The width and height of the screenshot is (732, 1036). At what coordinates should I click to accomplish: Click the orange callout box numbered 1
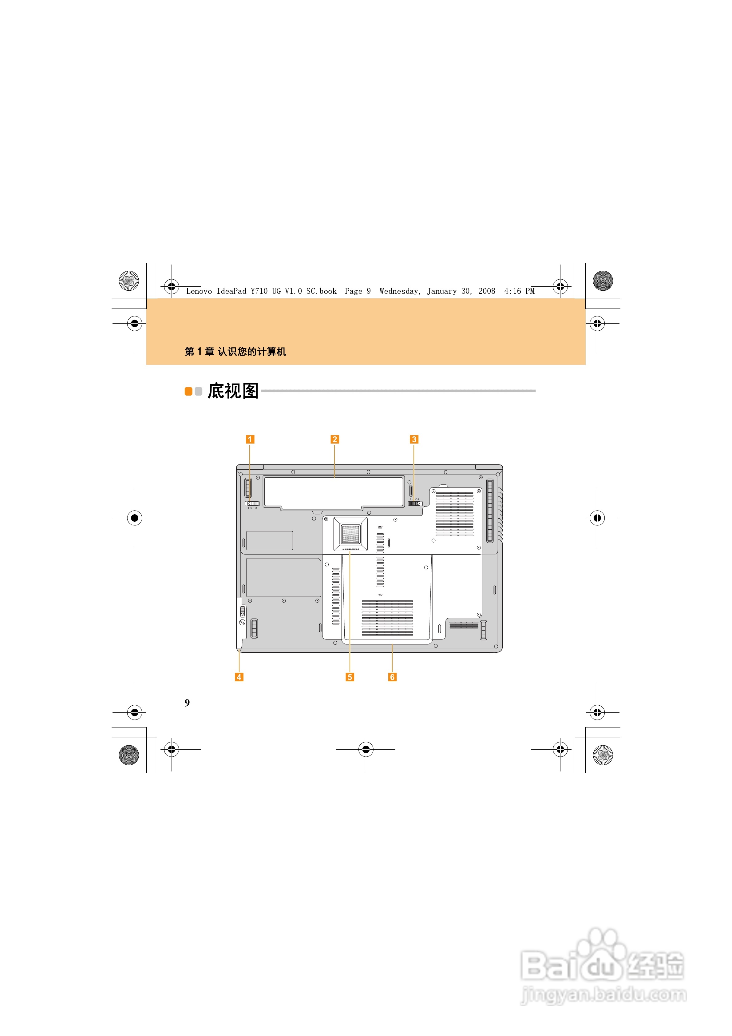point(250,439)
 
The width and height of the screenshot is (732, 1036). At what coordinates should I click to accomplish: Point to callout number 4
point(239,677)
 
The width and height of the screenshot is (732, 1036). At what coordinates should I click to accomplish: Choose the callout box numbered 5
point(350,677)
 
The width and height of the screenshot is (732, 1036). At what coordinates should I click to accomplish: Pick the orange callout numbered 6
point(392,677)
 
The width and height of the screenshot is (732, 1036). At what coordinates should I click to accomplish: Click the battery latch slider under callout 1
point(252,504)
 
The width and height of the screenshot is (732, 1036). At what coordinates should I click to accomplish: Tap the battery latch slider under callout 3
point(414,504)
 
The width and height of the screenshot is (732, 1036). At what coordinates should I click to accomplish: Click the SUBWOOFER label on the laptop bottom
point(350,549)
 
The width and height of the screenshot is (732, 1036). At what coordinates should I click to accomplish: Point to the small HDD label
point(380,595)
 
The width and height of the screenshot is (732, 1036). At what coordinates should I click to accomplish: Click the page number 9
point(187,703)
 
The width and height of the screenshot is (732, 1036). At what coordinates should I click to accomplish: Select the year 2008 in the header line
point(487,291)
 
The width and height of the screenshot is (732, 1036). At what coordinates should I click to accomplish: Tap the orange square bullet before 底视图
point(188,391)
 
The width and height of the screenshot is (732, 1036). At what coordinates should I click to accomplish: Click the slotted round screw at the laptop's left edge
point(242,622)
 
